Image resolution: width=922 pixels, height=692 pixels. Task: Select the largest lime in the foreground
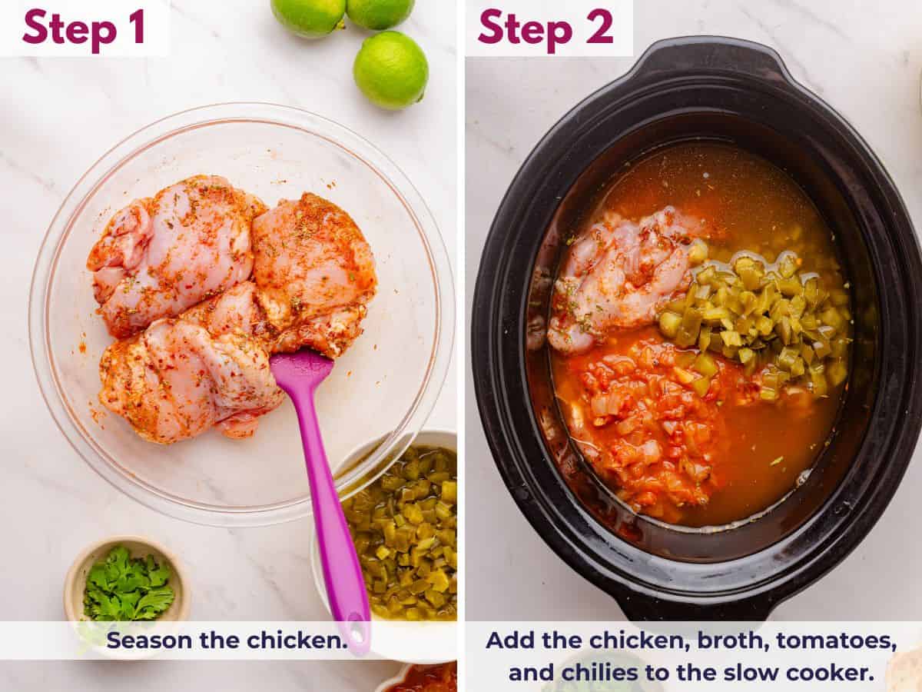[390, 70]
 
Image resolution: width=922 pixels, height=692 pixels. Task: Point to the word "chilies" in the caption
[602, 672]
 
